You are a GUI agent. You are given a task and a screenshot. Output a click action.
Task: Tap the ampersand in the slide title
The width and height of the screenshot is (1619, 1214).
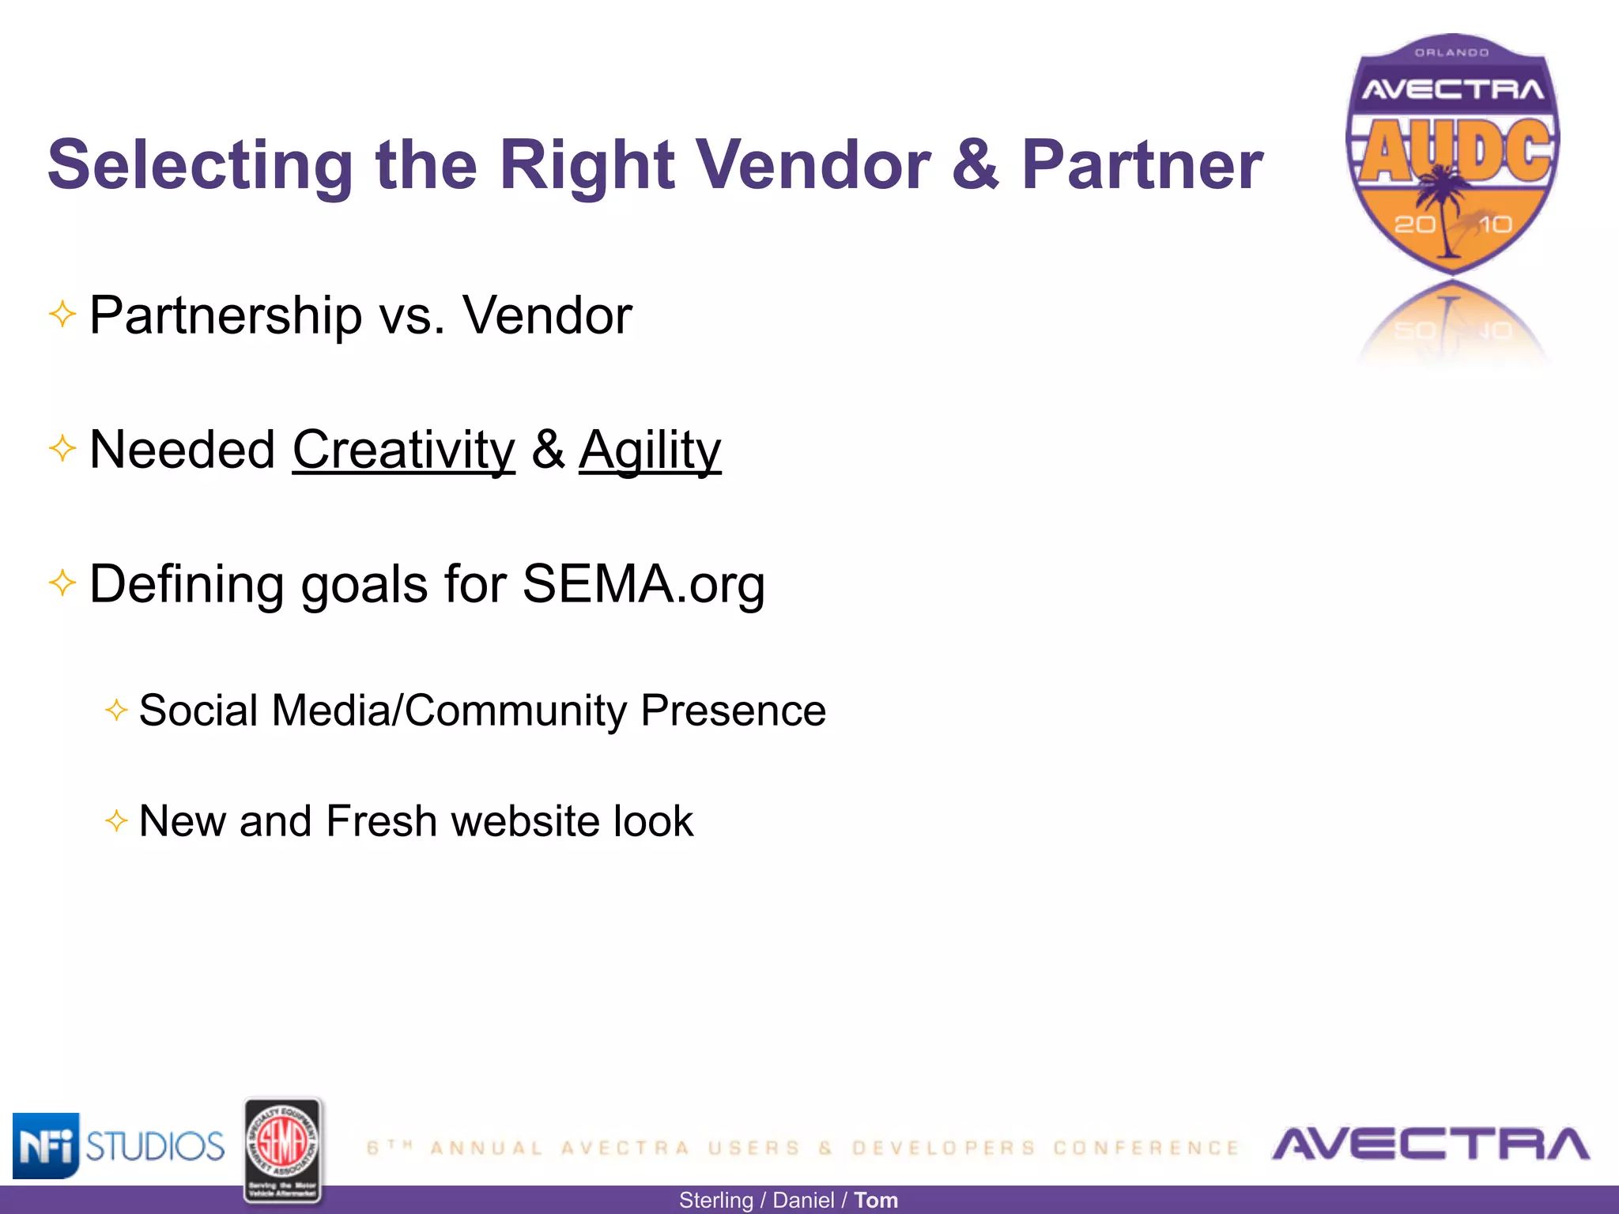tap(976, 165)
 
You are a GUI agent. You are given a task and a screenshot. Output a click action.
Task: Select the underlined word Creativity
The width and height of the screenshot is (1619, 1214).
tap(403, 450)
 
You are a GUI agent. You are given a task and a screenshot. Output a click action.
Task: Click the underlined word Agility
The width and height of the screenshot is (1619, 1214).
tap(649, 450)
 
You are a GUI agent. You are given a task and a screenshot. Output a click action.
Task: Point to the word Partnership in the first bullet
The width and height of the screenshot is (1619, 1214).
tap(225, 316)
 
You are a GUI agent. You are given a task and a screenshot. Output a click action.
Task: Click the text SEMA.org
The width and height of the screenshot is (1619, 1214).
tap(643, 584)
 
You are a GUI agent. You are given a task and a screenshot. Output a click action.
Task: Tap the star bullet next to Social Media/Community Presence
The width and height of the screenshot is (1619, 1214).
tap(116, 710)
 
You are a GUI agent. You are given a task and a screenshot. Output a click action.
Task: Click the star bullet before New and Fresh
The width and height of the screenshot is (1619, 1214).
tap(116, 820)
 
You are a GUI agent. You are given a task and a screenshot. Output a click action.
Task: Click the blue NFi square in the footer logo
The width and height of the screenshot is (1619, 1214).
tap(45, 1145)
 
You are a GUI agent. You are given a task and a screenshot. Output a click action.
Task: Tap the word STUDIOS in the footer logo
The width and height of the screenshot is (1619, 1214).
tap(155, 1146)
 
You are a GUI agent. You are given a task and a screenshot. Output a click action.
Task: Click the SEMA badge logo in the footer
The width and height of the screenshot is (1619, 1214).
tap(282, 1150)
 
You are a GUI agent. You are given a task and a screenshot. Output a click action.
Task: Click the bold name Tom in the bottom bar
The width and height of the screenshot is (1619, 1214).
tap(876, 1201)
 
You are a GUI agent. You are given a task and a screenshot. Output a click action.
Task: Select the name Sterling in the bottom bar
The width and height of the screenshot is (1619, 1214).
tap(715, 1201)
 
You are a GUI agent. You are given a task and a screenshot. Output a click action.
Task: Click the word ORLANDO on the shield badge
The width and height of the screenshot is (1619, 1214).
tap(1451, 53)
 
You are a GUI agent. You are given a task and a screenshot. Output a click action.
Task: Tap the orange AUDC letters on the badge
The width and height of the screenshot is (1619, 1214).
tap(1455, 151)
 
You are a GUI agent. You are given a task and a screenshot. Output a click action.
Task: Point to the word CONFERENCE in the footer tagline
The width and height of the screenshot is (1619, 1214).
tap(1146, 1148)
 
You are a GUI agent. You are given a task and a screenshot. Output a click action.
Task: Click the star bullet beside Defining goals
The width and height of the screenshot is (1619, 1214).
tap(62, 584)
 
